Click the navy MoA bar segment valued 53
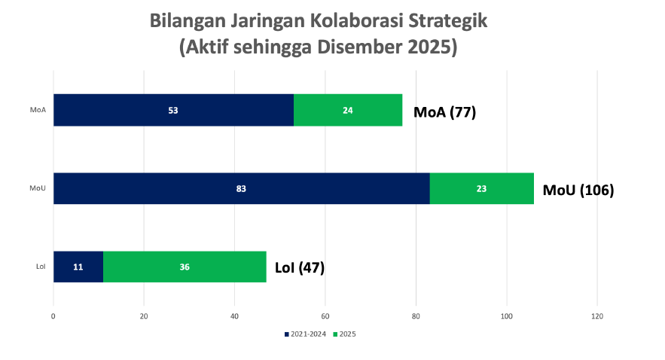173,110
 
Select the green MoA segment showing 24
348,110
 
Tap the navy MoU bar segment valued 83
242,188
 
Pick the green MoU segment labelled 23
482,188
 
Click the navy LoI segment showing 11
78,267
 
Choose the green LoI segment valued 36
185,267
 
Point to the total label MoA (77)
445,112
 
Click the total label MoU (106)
578,190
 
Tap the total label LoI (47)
300,267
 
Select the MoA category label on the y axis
38,110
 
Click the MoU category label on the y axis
38,188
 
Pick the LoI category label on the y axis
41,267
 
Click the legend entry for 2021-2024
305,334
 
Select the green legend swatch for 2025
335,334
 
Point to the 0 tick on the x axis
53,316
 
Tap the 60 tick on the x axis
325,316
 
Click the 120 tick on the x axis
597,316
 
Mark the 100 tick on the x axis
506,316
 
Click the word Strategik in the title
448,21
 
